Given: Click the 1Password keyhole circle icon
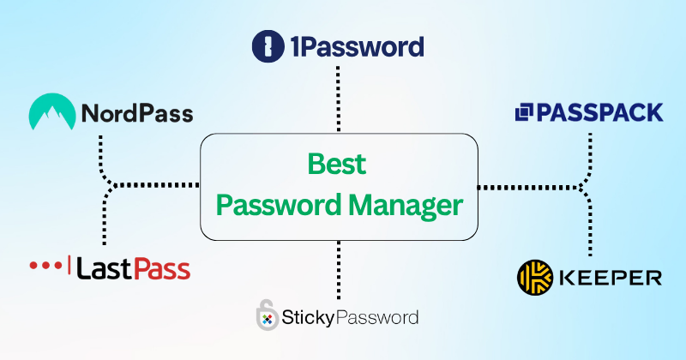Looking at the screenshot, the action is pos(268,46).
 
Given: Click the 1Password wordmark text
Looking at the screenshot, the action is pos(358,47).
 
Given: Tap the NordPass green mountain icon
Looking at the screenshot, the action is pos(52,111).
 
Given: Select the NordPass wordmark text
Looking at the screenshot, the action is pos(137,113).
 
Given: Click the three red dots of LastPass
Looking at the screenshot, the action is pos(45,265).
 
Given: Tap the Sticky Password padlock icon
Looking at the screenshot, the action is pos(267,315).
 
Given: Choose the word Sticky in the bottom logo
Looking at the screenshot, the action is pos(309,318).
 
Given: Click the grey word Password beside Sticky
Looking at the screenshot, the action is pos(377,317).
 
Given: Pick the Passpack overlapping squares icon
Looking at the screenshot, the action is pos(524,112).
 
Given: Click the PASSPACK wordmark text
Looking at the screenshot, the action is pos(599,112).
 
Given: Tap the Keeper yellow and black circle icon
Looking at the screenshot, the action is pos(535,278).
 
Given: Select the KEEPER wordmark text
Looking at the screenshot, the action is pos(611,278).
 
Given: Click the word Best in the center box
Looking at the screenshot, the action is pos(337,164).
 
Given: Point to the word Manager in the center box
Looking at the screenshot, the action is pos(406,206).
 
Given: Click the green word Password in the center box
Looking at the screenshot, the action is pos(279,205).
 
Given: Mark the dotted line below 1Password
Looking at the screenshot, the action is pos(338,99).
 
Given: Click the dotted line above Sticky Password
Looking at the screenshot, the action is pos(339,270).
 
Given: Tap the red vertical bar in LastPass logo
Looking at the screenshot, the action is pos(69,266).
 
